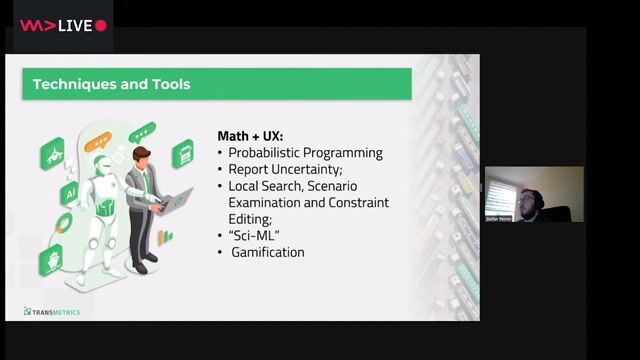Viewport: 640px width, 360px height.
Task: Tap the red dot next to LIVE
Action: (x=101, y=26)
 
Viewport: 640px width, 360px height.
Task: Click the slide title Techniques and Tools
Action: (x=111, y=84)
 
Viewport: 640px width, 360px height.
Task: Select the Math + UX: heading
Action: (x=249, y=135)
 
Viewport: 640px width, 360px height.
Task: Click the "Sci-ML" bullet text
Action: (x=255, y=235)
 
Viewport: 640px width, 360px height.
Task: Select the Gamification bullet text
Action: (x=268, y=252)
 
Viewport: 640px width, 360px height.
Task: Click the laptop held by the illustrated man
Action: (x=178, y=199)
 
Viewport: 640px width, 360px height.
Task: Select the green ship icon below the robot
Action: (x=51, y=261)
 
